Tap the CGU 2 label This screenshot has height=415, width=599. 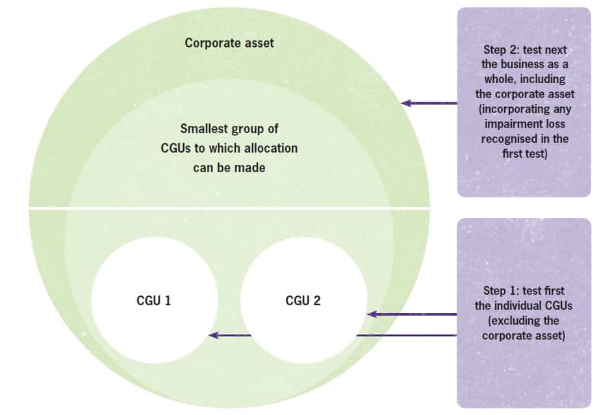tap(303, 301)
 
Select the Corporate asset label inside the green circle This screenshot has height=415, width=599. tap(229, 44)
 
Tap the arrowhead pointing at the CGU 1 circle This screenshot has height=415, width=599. tap(212, 336)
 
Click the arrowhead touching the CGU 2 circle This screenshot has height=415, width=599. tap(371, 314)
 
